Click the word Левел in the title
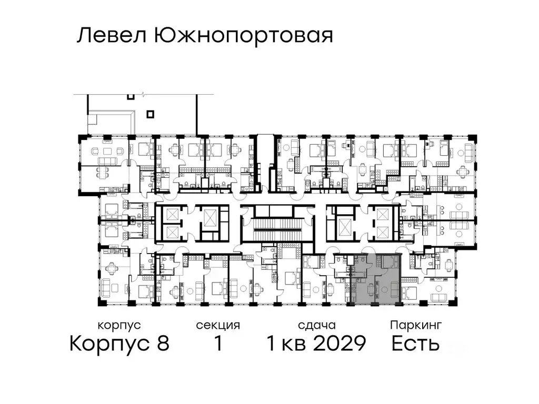[x=112, y=36]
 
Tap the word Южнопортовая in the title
[x=243, y=36]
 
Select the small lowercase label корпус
[x=119, y=325]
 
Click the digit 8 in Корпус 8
[x=163, y=344]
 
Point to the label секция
[x=218, y=325]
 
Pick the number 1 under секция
[x=217, y=344]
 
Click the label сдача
[x=316, y=325]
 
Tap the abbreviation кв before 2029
[x=294, y=344]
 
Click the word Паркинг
[x=416, y=325]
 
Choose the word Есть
[x=416, y=344]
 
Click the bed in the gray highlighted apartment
[x=391, y=261]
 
